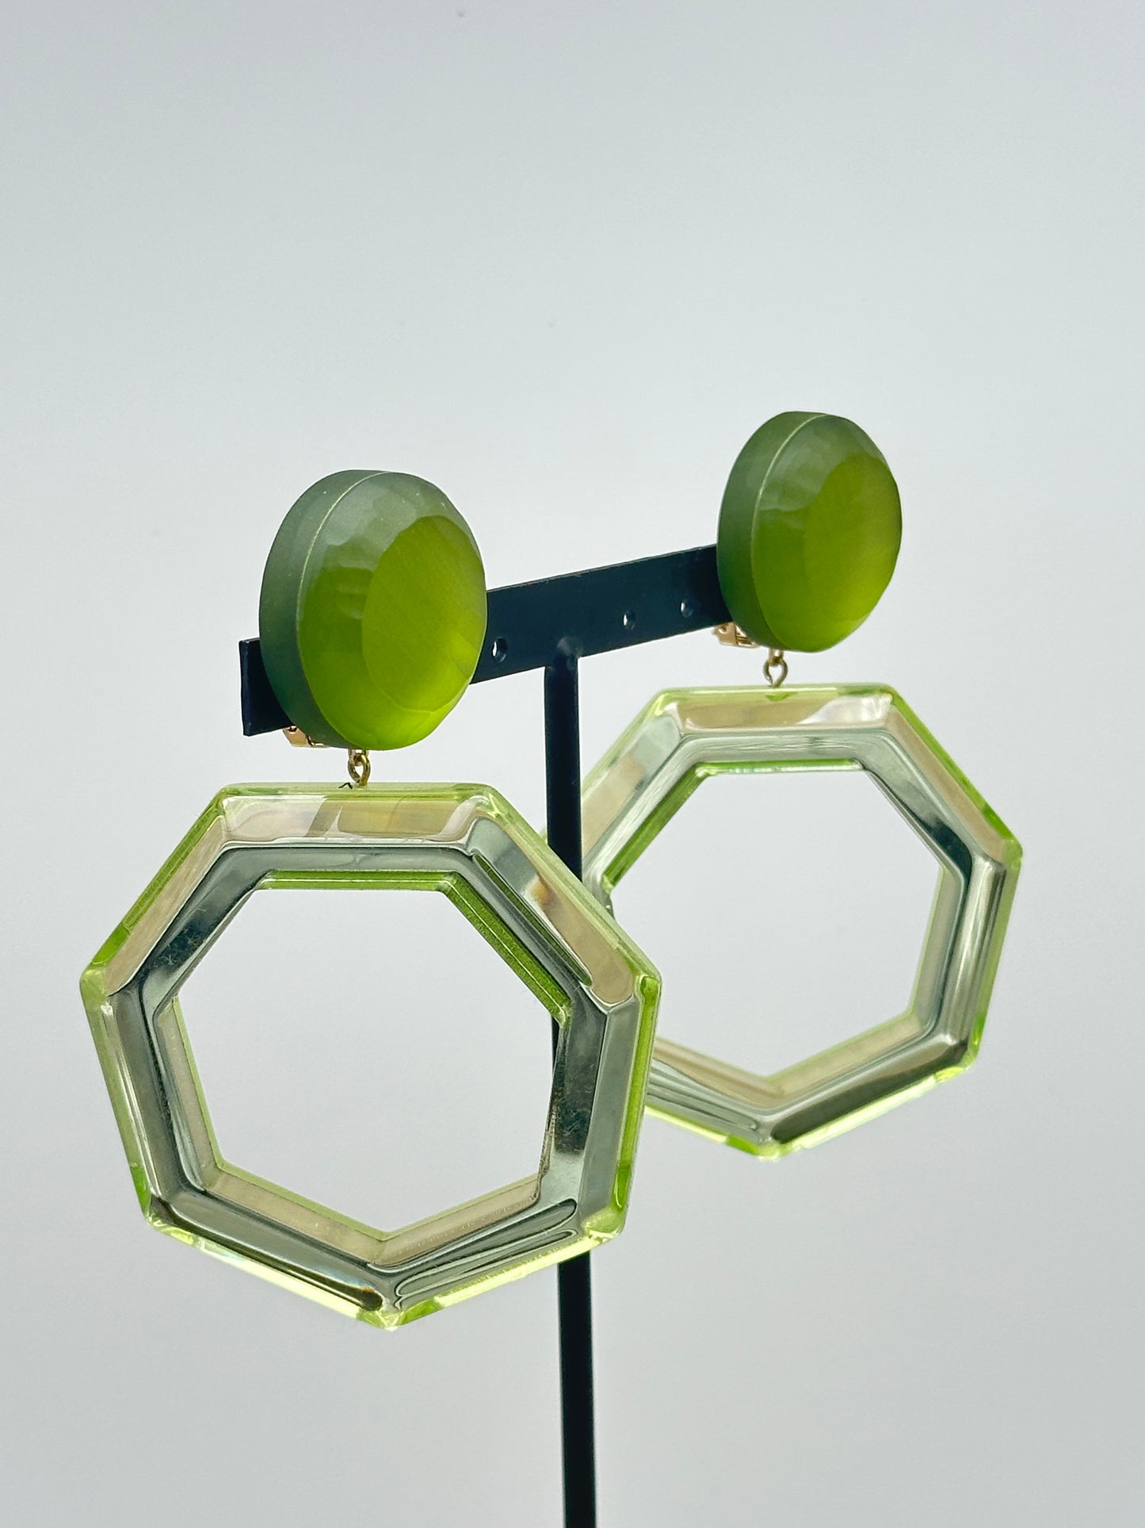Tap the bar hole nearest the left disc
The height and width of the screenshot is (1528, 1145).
tap(500, 651)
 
